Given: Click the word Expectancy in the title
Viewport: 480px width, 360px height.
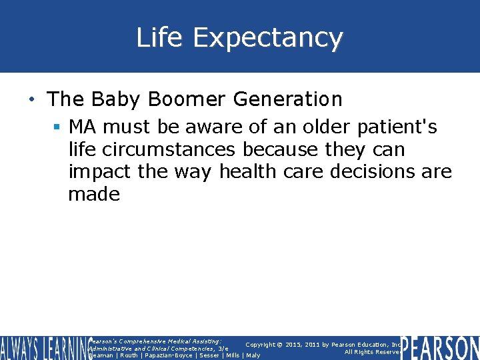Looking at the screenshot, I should (267, 39).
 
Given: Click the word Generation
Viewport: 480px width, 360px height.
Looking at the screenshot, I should (288, 100).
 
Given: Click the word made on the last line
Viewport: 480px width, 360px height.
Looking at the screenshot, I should (94, 195).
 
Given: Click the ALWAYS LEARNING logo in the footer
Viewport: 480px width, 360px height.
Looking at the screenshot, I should (44, 348).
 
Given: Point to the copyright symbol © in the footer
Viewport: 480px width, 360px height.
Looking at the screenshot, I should (282, 345).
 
